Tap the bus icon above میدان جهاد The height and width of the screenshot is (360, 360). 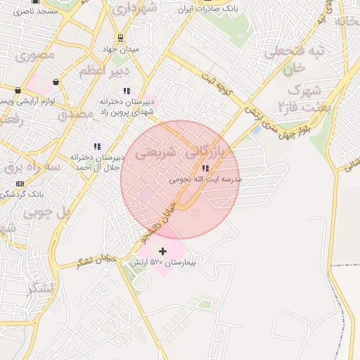pyautogui.click(x=120, y=38)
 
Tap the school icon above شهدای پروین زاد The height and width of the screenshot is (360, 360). pyautogui.click(x=127, y=91)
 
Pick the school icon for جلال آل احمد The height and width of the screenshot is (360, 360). pyautogui.click(x=97, y=146)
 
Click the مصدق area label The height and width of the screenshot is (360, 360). pyautogui.click(x=75, y=113)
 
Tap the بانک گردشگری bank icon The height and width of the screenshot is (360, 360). pyautogui.click(x=19, y=184)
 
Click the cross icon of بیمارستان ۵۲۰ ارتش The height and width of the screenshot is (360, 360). pyautogui.click(x=163, y=251)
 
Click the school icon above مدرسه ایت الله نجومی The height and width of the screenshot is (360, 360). pyautogui.click(x=205, y=168)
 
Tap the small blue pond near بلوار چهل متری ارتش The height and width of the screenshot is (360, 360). pyautogui.click(x=256, y=129)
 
